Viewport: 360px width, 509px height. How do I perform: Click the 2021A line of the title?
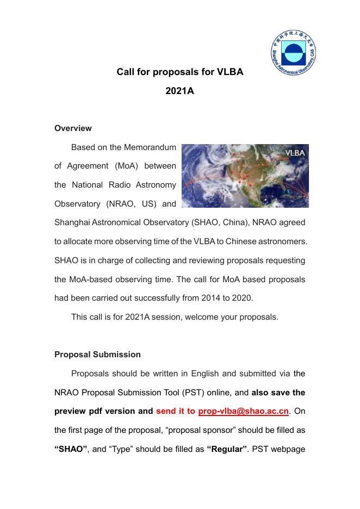tap(179, 91)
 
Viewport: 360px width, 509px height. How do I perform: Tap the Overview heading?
tap(73, 128)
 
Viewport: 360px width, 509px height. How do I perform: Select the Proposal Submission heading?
tap(97, 354)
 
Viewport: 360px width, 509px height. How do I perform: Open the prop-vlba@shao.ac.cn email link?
tap(243, 411)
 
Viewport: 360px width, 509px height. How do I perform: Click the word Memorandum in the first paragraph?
tap(150, 147)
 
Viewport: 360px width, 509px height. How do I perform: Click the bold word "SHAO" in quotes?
tap(71, 449)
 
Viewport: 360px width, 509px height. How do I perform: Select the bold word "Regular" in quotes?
tap(227, 449)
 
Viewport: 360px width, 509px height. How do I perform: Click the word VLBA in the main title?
tap(229, 72)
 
